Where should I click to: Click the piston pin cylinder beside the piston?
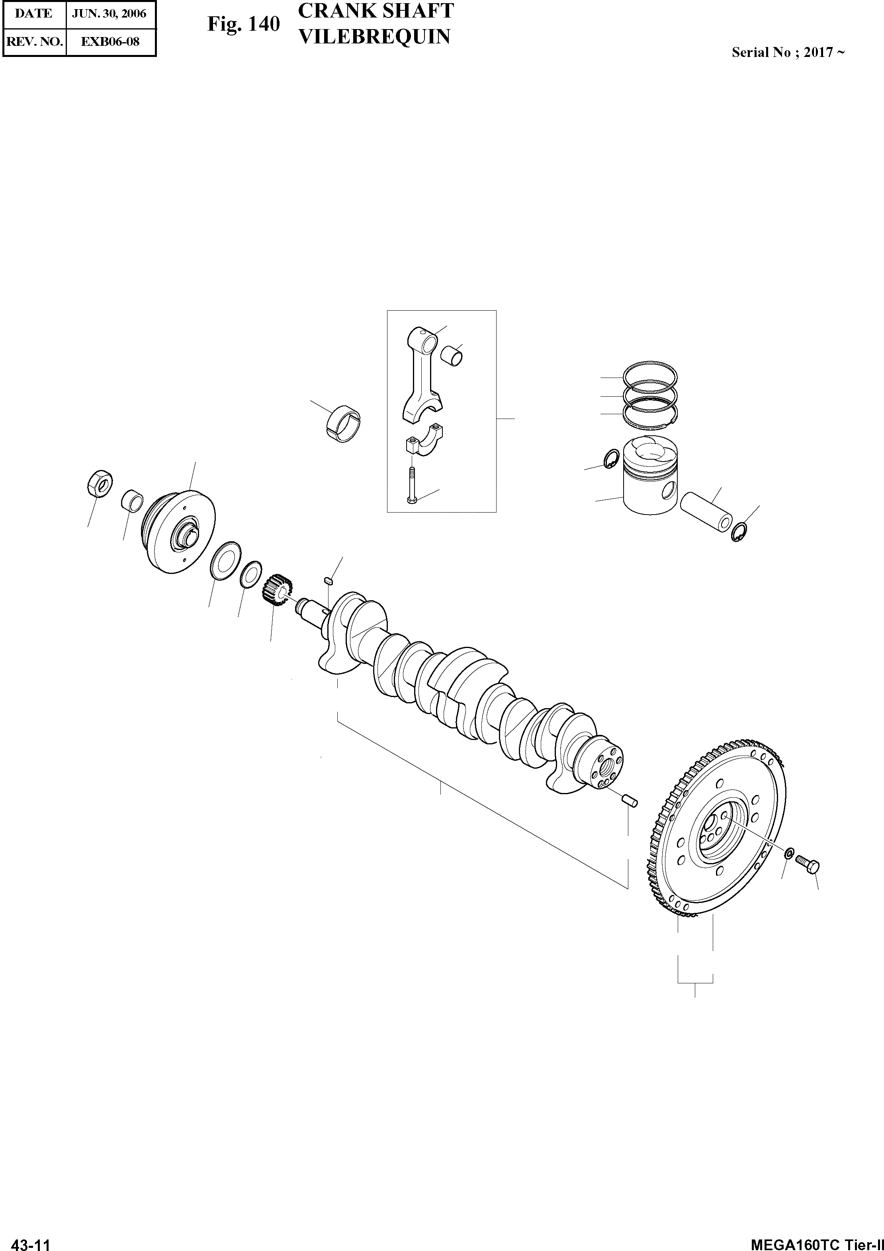(x=706, y=512)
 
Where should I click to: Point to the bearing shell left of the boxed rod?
(x=345, y=423)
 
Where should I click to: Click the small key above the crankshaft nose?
(x=328, y=580)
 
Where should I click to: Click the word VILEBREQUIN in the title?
(x=375, y=37)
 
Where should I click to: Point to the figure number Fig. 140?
(x=243, y=25)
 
